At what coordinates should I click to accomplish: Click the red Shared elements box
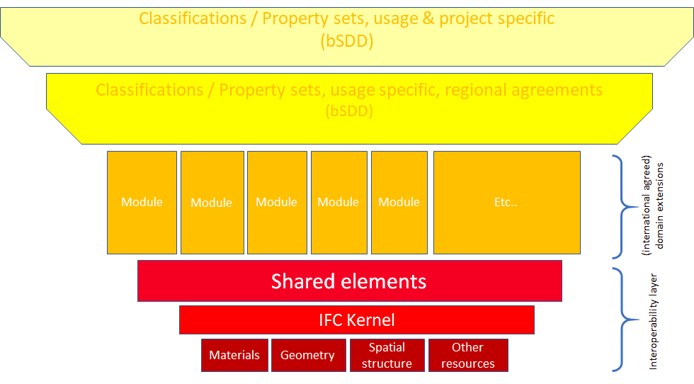349,281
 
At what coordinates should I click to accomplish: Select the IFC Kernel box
356,320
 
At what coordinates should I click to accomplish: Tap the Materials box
234,355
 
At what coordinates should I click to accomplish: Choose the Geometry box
307,355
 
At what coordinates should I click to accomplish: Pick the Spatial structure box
387,355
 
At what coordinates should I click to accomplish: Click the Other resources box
467,355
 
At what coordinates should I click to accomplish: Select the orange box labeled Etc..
506,202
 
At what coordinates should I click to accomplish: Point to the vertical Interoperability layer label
654,321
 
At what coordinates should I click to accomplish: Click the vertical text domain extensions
661,205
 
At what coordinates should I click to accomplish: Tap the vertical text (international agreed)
646,205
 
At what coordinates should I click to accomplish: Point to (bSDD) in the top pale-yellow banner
346,41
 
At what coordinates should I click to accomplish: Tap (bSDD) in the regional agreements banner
349,111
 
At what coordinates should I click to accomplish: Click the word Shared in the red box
302,281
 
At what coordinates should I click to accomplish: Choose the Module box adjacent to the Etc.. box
399,202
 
